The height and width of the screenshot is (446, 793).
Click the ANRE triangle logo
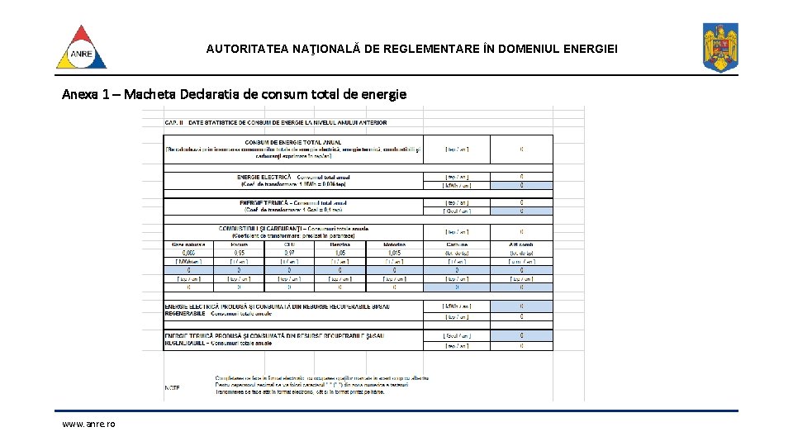[81, 47]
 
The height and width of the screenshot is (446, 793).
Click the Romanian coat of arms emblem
[719, 47]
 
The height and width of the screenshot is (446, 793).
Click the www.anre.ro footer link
[88, 424]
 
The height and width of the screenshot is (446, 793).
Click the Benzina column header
[339, 244]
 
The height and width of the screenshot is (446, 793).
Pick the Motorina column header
[394, 244]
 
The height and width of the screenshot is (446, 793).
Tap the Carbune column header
[456, 244]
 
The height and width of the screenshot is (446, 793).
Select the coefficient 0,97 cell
[288, 253]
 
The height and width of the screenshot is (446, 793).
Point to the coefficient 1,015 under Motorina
[394, 253]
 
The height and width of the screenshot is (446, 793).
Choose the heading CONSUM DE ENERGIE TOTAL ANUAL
[293, 141]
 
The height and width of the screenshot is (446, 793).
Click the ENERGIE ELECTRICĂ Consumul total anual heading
[293, 177]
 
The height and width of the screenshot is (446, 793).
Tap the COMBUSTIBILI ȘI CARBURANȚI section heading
[293, 228]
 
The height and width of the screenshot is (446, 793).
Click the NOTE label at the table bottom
[172, 387]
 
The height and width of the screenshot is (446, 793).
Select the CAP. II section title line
[276, 122]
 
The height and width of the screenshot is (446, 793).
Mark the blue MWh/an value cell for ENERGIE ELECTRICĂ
[521, 185]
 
